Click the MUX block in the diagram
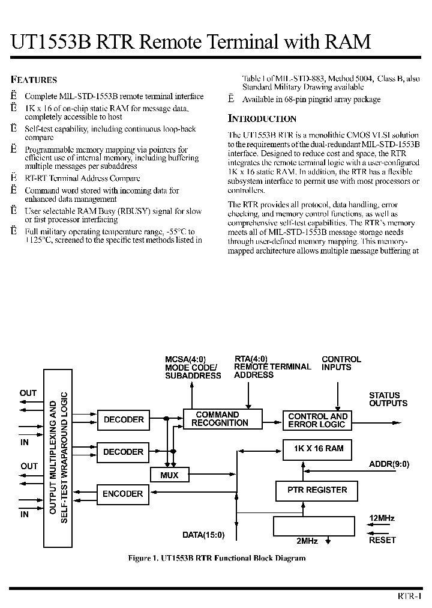pyautogui.click(x=169, y=475)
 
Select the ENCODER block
pyautogui.click(x=123, y=494)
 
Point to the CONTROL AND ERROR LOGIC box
pyautogui.click(x=317, y=420)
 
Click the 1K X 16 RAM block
pyautogui.click(x=317, y=449)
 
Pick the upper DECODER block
pyautogui.click(x=123, y=419)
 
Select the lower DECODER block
pyautogui.click(x=123, y=452)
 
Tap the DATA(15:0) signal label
pyautogui.click(x=203, y=534)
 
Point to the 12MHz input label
pyautogui.click(x=382, y=518)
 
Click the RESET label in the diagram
pyautogui.click(x=382, y=540)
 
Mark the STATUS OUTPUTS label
pyautogui.click(x=388, y=400)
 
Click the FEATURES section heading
pyautogui.click(x=34, y=79)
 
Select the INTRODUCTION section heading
pyautogui.click(x=262, y=118)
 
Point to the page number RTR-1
pyautogui.click(x=410, y=595)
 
